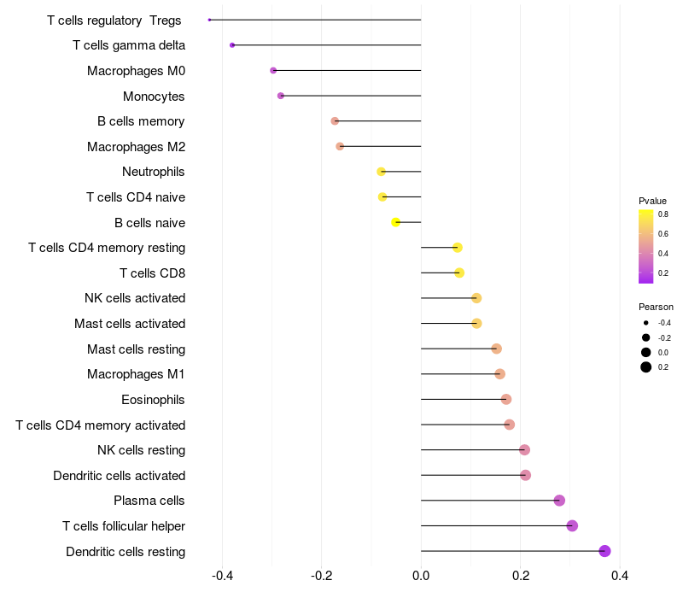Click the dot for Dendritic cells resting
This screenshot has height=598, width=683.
(x=604, y=551)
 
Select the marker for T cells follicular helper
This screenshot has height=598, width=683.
(x=572, y=525)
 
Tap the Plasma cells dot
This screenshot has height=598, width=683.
(x=559, y=501)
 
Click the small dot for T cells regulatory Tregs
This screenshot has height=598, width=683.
(x=209, y=20)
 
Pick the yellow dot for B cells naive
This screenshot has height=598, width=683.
(x=395, y=222)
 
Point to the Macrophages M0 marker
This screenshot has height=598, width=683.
(x=273, y=70)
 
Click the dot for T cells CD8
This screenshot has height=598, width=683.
(x=459, y=273)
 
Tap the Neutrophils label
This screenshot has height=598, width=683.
(x=154, y=172)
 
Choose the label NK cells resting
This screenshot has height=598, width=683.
(x=142, y=450)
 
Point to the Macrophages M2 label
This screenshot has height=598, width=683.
(x=136, y=147)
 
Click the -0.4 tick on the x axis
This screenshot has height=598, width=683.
(x=223, y=576)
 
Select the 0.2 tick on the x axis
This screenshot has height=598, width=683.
(x=521, y=576)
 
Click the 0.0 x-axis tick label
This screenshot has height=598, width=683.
(x=421, y=576)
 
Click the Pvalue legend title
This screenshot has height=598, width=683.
(x=652, y=201)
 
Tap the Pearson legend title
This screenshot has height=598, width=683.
(x=656, y=307)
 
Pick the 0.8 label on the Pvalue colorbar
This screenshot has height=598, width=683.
(x=663, y=214)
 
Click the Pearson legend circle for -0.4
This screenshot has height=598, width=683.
(x=646, y=323)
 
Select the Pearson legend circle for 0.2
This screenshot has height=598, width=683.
(x=646, y=367)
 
